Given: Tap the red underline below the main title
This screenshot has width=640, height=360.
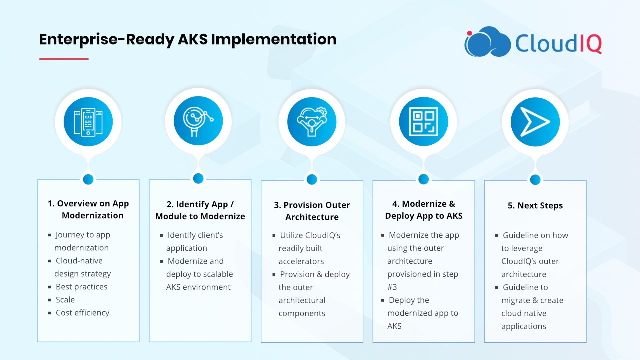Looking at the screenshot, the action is [x=64, y=59].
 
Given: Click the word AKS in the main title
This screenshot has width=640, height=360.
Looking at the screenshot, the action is [x=193, y=39].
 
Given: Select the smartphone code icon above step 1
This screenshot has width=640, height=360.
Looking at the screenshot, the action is [x=88, y=122].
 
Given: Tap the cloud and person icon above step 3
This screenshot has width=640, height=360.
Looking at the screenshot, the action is [x=312, y=122].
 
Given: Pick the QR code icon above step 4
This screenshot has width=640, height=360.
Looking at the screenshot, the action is [x=423, y=122].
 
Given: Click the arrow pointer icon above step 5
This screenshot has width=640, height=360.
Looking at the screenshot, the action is [x=535, y=122].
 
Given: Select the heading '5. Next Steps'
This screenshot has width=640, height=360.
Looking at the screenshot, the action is [x=535, y=205].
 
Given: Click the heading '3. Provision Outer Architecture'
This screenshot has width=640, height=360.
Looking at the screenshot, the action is [x=312, y=211].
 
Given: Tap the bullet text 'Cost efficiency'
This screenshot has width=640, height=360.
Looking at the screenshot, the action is [x=82, y=313].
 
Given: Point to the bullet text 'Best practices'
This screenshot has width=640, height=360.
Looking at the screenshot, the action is [x=81, y=287].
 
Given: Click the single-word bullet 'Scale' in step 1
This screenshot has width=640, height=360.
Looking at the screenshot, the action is [x=65, y=299].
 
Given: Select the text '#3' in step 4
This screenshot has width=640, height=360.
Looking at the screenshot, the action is [x=392, y=287].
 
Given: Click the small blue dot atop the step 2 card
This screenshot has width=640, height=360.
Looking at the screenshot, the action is [x=198, y=178].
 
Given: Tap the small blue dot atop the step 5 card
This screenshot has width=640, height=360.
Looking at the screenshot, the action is [x=535, y=179].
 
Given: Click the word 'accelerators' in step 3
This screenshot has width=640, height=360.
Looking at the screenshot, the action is [x=301, y=261].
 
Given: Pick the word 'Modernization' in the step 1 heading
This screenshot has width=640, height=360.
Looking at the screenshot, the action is [x=93, y=215].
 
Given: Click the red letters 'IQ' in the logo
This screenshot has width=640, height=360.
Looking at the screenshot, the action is [x=591, y=43].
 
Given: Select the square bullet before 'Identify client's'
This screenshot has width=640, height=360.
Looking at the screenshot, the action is [x=161, y=235].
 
